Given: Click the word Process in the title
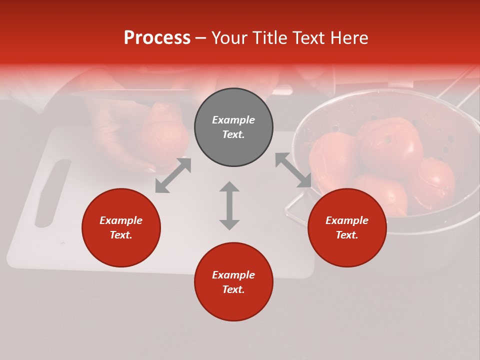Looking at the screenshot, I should pos(157,38).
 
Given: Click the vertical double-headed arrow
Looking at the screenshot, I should pos(229,205).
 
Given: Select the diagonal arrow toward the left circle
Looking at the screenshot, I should pos(173,175).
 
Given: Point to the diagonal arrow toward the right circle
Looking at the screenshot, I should pos(293,170).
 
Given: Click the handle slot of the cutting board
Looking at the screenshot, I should pos(52,192).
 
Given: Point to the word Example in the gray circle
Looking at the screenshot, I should pos(233,120).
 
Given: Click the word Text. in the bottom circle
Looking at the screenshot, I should pos(233,289).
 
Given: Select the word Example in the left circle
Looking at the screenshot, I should pos(121,220).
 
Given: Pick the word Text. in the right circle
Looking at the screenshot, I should pos(347,235).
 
